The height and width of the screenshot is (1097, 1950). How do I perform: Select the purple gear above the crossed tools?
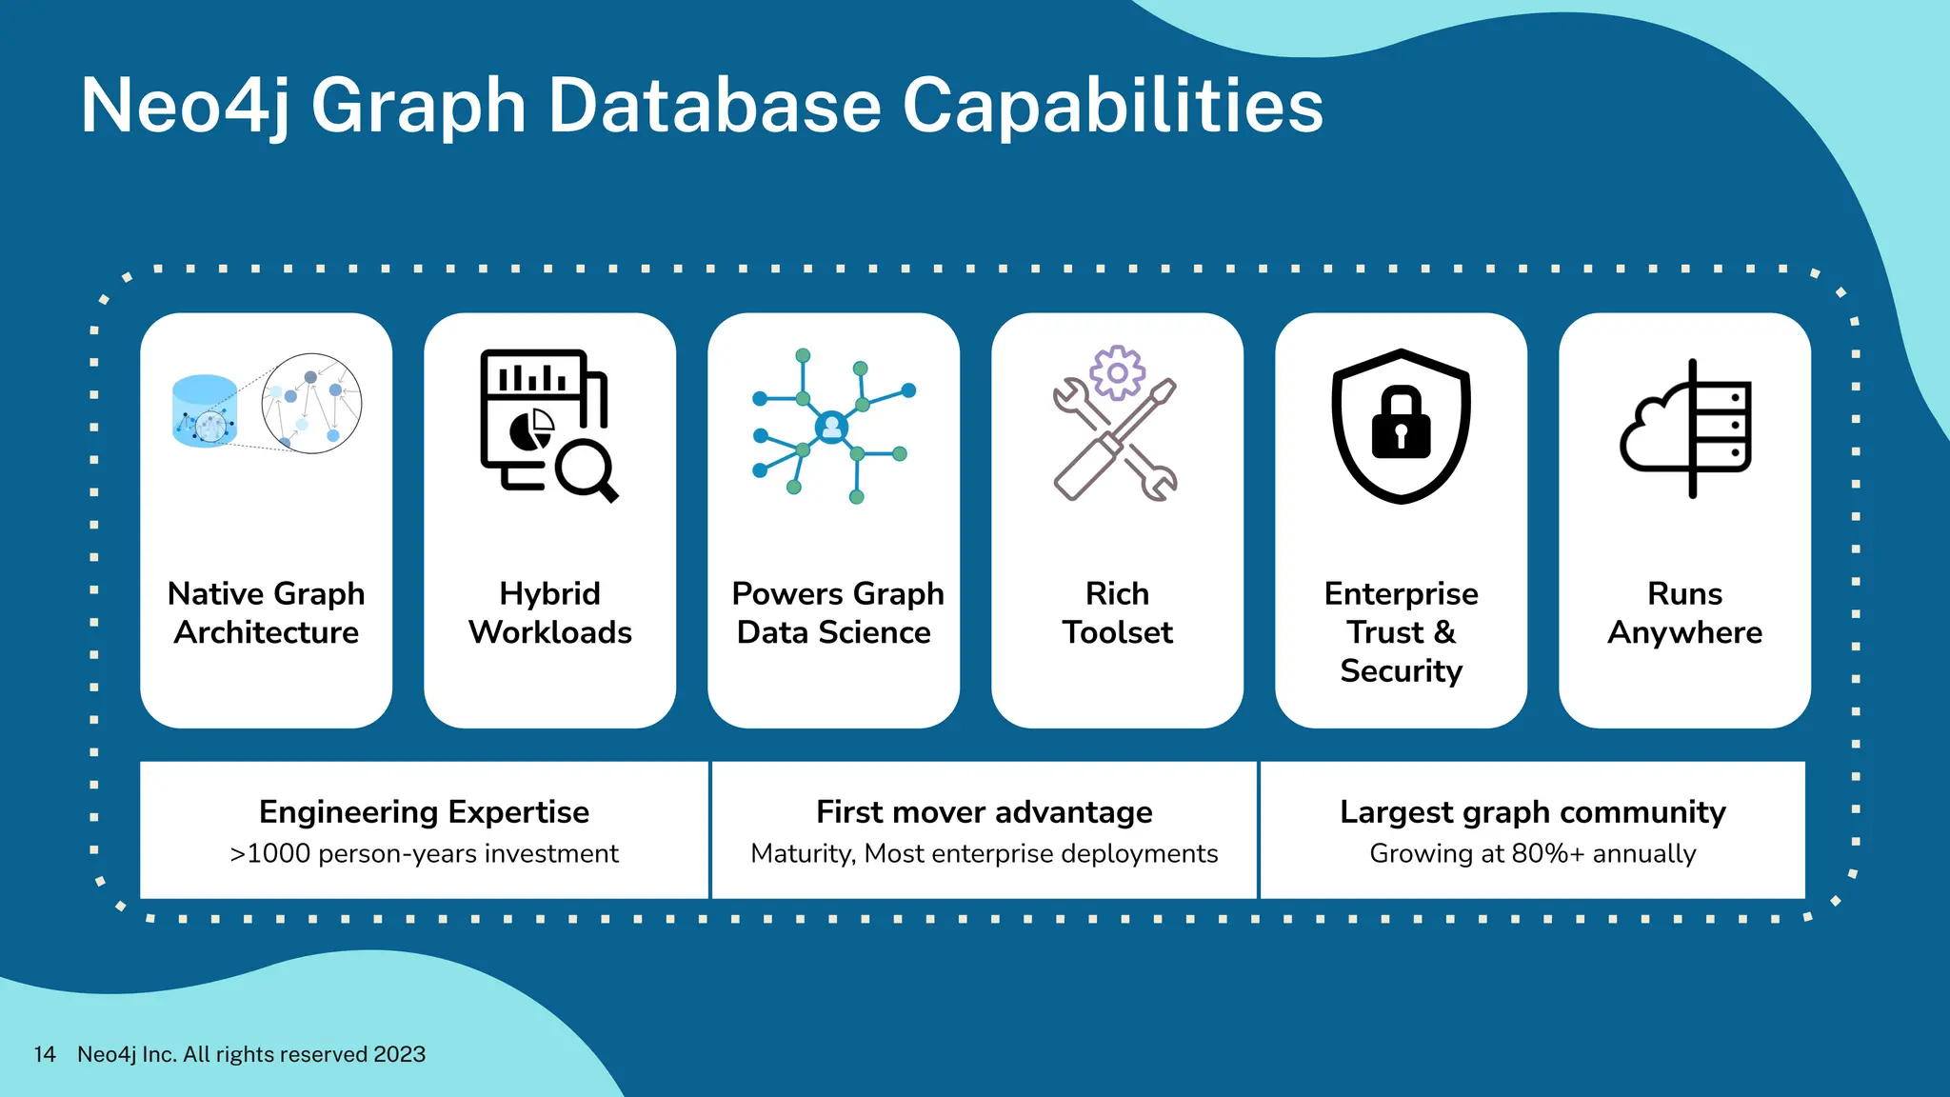click(x=1117, y=372)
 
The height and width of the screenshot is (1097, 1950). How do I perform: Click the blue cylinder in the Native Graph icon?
click(x=205, y=411)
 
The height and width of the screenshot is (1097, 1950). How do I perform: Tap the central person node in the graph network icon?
click(x=831, y=428)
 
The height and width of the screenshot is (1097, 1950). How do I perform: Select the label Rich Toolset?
click(x=1117, y=612)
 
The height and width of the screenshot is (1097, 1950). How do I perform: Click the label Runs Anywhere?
click(x=1684, y=612)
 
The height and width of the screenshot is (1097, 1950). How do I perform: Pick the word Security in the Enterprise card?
click(x=1401, y=670)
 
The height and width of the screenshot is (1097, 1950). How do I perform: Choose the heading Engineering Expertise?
click(x=424, y=811)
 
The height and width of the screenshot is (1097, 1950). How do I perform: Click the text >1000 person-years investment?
click(x=424, y=853)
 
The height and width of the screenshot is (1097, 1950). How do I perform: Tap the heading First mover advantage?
click(x=984, y=811)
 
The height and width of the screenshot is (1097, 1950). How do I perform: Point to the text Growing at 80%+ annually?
click(x=1532, y=853)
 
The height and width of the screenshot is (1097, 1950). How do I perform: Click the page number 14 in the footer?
click(x=45, y=1054)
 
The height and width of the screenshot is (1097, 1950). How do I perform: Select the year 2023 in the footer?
click(x=399, y=1054)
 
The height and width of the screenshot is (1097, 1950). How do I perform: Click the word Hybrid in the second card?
click(x=549, y=593)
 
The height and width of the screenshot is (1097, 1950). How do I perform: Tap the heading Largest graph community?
click(x=1532, y=811)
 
